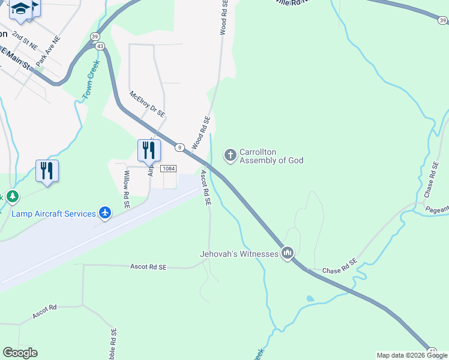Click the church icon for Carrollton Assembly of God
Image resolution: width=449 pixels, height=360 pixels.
[x=230, y=155]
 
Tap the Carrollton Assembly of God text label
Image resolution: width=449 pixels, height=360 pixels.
[x=271, y=156]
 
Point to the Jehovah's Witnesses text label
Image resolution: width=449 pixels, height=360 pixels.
[x=239, y=254]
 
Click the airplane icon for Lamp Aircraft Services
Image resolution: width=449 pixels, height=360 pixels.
[x=105, y=214]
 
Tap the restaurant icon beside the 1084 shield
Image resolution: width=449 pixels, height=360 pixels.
[x=148, y=150]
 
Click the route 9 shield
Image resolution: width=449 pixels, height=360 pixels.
[x=179, y=147]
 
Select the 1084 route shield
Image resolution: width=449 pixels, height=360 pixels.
[x=168, y=169]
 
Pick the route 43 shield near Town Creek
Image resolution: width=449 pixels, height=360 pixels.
[x=100, y=46]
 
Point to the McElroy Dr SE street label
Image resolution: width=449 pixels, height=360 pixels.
[x=148, y=104]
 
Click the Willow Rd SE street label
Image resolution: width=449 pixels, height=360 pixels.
[x=127, y=189]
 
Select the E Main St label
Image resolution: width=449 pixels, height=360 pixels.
[x=16, y=58]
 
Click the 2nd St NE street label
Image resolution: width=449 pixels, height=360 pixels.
[x=25, y=40]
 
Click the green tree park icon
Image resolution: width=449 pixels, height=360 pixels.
[x=11, y=196]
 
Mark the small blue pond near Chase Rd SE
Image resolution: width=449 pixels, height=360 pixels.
[x=310, y=298]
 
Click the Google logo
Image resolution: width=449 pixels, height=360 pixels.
[x=20, y=353]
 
